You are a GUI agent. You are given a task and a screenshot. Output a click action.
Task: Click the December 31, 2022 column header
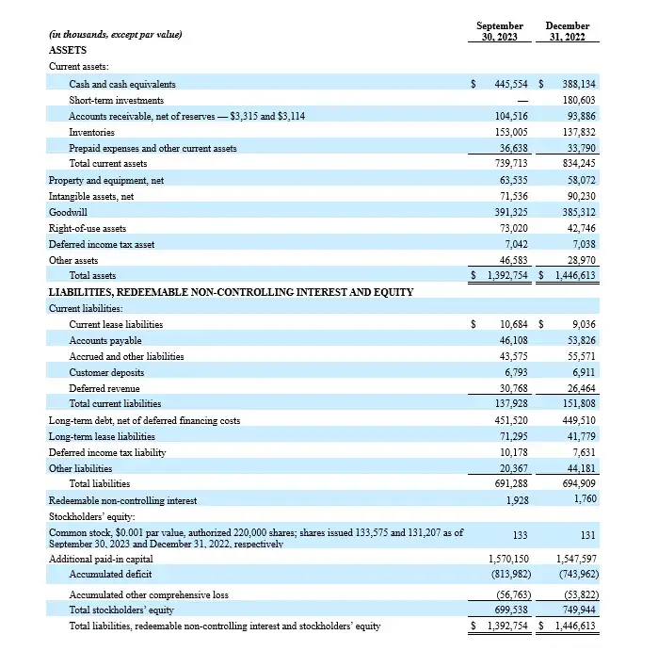568,31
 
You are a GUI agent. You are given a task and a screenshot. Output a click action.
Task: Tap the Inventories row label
91,132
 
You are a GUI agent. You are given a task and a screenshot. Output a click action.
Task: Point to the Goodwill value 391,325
513,212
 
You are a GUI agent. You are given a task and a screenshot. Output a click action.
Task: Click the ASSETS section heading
67,50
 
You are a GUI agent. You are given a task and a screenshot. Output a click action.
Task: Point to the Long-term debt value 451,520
513,420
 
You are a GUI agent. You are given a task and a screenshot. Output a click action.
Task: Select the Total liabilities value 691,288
513,484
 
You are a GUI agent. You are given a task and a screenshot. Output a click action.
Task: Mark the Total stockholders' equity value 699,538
513,610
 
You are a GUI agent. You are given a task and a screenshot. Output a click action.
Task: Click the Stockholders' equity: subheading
91,516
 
